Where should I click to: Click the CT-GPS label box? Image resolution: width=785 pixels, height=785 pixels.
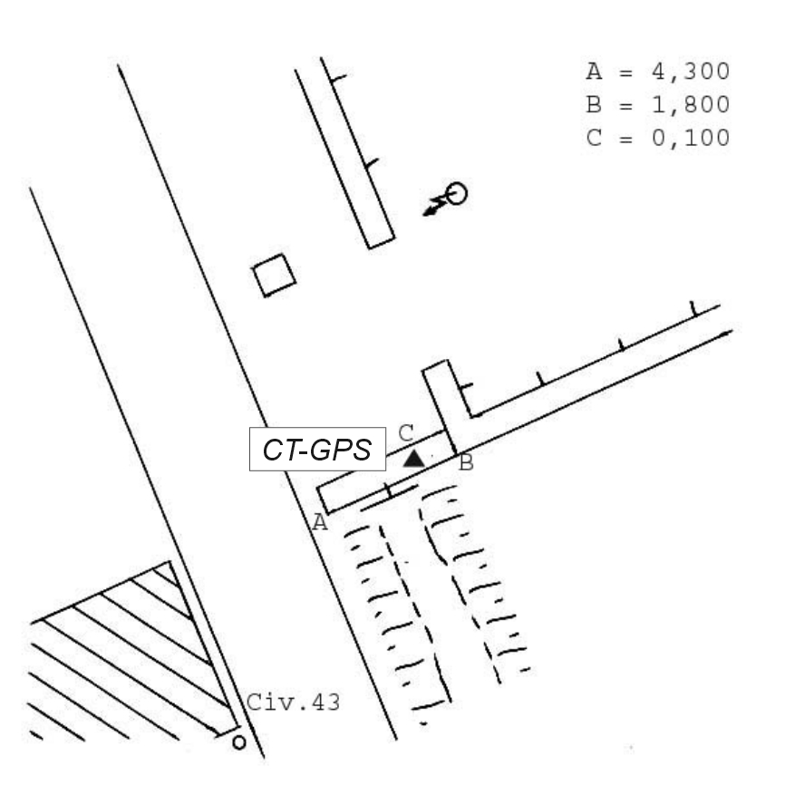coord(317,449)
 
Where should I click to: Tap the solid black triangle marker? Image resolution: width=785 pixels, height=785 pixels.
coord(414,459)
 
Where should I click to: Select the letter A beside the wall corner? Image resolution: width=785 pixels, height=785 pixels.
coord(320,523)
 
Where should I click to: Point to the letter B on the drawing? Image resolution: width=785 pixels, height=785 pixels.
coord(466,462)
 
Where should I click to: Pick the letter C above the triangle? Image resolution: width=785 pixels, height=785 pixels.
coord(406,433)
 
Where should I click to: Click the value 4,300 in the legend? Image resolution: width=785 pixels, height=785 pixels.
coord(691,72)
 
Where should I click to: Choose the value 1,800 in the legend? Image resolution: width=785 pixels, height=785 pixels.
coord(691,104)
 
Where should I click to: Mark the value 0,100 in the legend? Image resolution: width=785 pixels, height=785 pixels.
coord(691,138)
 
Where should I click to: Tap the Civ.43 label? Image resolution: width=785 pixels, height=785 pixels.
coord(294,702)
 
